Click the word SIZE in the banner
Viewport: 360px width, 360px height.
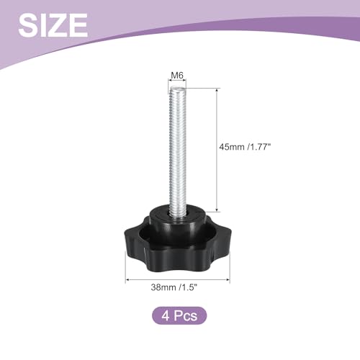(53, 25)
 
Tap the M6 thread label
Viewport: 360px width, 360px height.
(177, 76)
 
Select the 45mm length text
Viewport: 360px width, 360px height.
(232, 147)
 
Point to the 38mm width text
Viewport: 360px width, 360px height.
(163, 287)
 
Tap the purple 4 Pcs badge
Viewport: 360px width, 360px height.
(179, 315)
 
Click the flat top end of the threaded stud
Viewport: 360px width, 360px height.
(177, 89)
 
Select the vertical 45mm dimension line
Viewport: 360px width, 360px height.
(217, 150)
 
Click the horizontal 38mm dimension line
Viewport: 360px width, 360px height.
(178, 279)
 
